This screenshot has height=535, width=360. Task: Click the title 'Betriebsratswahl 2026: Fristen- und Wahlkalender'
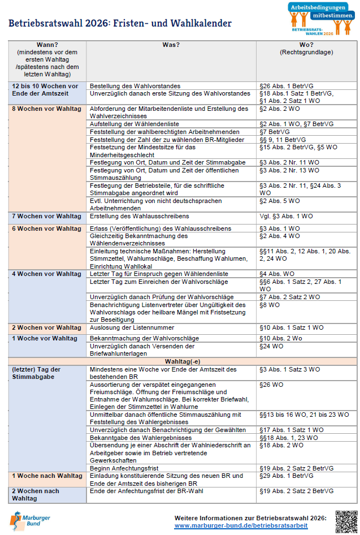120,23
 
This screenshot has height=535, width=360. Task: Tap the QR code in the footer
346,521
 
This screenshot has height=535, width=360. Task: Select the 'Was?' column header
171,45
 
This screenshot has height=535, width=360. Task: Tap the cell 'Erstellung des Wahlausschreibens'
139,216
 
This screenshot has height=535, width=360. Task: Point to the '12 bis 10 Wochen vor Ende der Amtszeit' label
46,89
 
